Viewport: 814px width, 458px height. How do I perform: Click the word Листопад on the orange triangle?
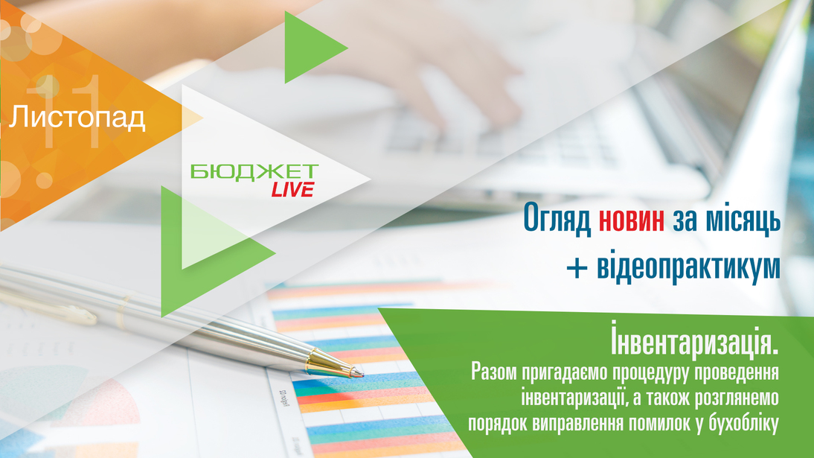[x=77, y=117]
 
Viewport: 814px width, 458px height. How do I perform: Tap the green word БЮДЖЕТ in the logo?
[x=254, y=171]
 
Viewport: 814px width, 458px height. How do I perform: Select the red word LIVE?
[x=293, y=190]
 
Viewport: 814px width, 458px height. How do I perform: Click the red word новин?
[x=631, y=218]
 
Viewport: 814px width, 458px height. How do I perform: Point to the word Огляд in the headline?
[x=557, y=218]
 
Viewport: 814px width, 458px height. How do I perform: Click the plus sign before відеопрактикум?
[x=577, y=267]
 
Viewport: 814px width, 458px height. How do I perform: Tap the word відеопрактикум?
[x=688, y=267]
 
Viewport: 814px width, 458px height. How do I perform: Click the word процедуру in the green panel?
[x=650, y=373]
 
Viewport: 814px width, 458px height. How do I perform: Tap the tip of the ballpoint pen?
[x=362, y=375]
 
